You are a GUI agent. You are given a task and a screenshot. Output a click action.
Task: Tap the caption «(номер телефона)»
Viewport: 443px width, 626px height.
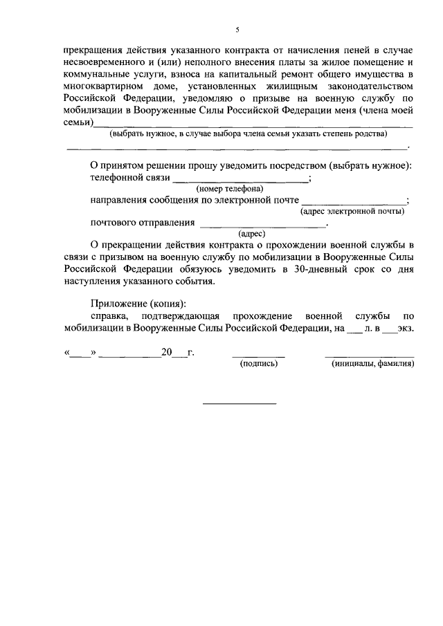tap(229, 189)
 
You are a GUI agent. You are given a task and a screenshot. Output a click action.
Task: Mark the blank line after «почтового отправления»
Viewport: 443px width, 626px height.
tap(262, 225)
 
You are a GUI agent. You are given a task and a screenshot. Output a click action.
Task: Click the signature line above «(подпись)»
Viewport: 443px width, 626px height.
tap(257, 356)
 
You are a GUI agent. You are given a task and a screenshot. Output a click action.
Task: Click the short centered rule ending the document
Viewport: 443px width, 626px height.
tap(239, 403)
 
